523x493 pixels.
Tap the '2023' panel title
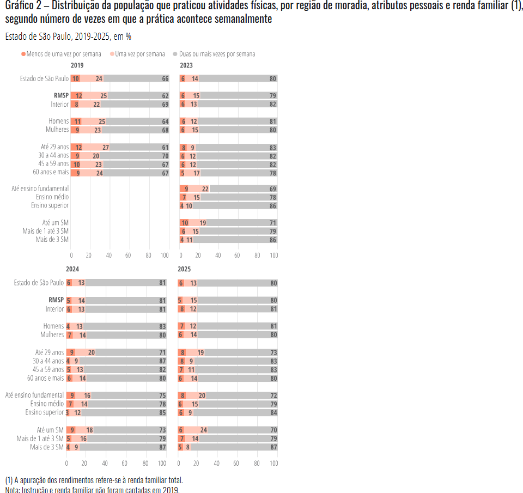click(x=186, y=65)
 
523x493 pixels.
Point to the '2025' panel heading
click(x=184, y=269)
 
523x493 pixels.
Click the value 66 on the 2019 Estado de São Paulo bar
click(x=165, y=78)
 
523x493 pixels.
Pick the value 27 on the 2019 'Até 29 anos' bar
click(x=106, y=147)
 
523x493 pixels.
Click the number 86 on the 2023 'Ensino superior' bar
click(x=273, y=206)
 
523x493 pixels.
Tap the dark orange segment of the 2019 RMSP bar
click(x=76, y=96)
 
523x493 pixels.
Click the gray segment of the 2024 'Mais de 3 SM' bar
click(x=123, y=447)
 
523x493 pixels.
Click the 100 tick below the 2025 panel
click(x=273, y=463)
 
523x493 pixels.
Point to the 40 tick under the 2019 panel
click(x=108, y=255)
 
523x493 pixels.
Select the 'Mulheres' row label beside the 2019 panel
click(x=57, y=130)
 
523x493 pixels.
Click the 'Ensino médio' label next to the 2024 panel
click(x=47, y=404)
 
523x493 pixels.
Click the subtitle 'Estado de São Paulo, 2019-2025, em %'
click(x=68, y=37)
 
